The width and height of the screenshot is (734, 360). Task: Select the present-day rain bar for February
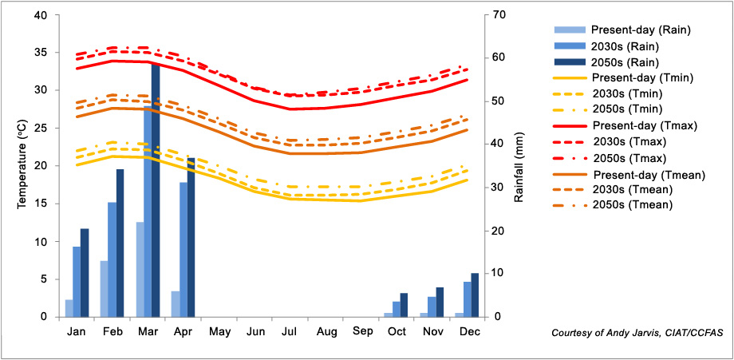tap(104, 289)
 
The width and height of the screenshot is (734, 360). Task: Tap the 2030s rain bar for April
tap(183, 250)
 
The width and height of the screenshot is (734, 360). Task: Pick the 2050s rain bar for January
tap(85, 273)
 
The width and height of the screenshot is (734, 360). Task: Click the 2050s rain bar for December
tap(475, 295)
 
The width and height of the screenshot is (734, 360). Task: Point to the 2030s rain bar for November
tap(432, 307)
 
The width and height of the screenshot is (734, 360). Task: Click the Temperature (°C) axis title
tap(22, 165)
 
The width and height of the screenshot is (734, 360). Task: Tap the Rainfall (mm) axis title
tap(519, 165)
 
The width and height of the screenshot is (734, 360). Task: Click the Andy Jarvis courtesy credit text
tap(630, 332)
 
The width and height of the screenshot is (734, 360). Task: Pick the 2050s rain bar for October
tap(404, 305)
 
